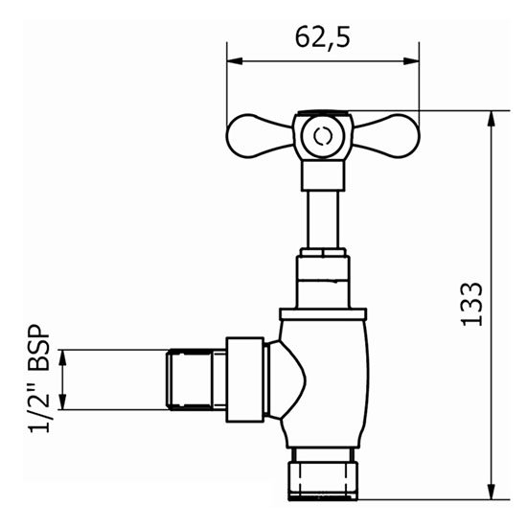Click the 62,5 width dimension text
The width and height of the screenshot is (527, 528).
click(322, 38)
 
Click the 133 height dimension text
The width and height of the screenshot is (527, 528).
click(471, 305)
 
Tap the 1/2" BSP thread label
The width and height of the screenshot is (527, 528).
click(40, 379)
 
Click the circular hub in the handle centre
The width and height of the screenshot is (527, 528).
click(323, 136)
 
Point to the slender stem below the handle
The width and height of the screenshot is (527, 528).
click(323, 218)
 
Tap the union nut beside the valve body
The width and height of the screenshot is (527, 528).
click(244, 379)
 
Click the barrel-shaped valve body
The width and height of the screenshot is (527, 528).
click(326, 381)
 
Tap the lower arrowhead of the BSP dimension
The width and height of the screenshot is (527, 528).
click(64, 404)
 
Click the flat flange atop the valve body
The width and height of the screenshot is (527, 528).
click(323, 313)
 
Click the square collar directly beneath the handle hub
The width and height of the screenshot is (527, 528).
click(323, 174)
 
